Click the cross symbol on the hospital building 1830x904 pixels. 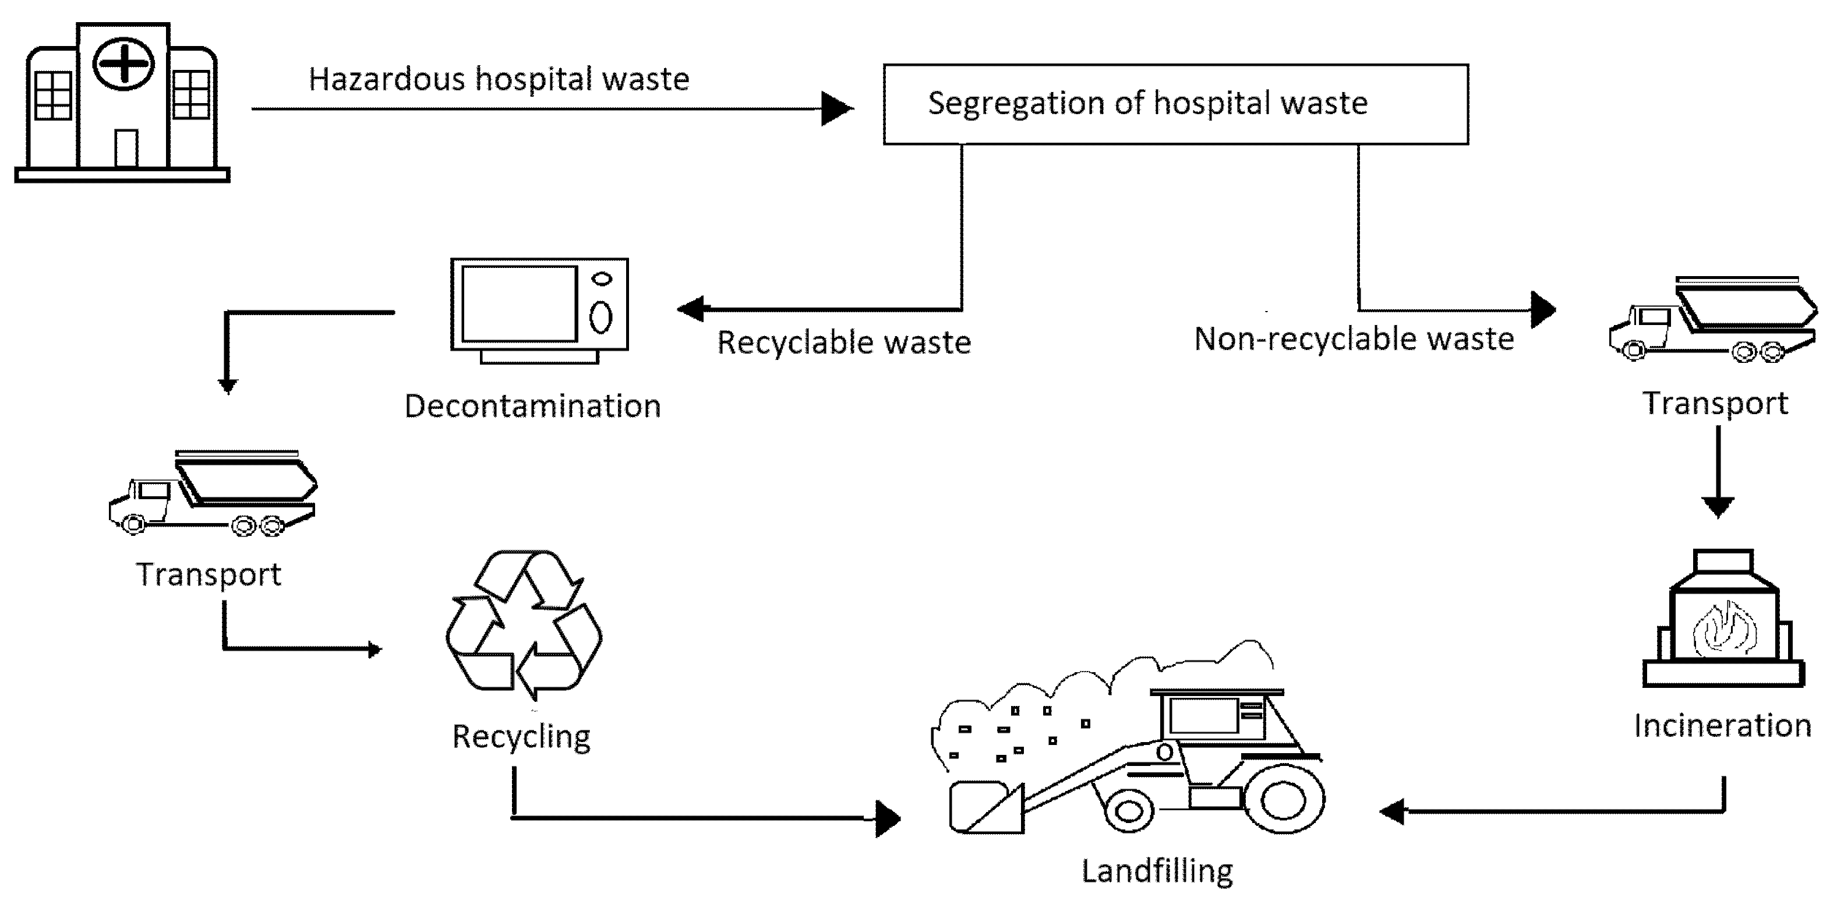tap(123, 65)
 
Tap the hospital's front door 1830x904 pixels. tap(126, 149)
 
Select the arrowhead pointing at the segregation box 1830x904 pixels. tap(836, 109)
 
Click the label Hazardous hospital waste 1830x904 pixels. tap(499, 79)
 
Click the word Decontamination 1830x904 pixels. tap(532, 407)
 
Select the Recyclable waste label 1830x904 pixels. tap(843, 342)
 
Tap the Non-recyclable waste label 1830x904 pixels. tap(1354, 339)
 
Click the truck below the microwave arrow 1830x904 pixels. tap(213, 494)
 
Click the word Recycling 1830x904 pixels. tap(521, 736)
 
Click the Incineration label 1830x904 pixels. tap(1722, 726)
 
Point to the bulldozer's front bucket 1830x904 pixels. tap(986, 807)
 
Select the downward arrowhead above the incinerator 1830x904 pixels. tap(1718, 506)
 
